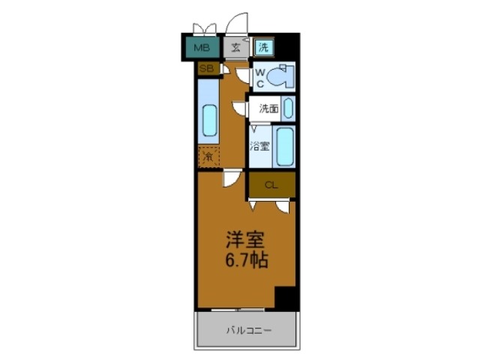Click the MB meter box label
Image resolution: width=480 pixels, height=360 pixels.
[x=200, y=48]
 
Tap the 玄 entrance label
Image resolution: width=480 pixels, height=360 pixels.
[x=235, y=48]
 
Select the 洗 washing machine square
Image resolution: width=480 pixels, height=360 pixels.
[x=263, y=47]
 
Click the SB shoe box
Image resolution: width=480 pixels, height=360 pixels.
[x=205, y=69]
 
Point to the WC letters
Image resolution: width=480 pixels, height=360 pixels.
[x=258, y=78]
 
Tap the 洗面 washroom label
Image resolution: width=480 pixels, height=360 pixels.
[x=268, y=109]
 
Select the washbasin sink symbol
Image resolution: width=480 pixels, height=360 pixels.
[x=289, y=109]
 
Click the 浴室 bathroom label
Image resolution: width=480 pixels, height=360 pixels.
[x=260, y=147]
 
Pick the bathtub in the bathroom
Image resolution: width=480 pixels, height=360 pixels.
[x=284, y=146]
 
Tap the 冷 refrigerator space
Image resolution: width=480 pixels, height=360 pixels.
[x=208, y=157]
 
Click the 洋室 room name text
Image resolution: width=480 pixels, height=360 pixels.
[x=246, y=241]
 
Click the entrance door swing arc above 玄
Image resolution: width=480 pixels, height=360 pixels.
[x=237, y=22]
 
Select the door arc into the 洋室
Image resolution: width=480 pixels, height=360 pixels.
[x=232, y=178]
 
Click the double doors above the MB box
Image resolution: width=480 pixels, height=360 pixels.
[x=203, y=28]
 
